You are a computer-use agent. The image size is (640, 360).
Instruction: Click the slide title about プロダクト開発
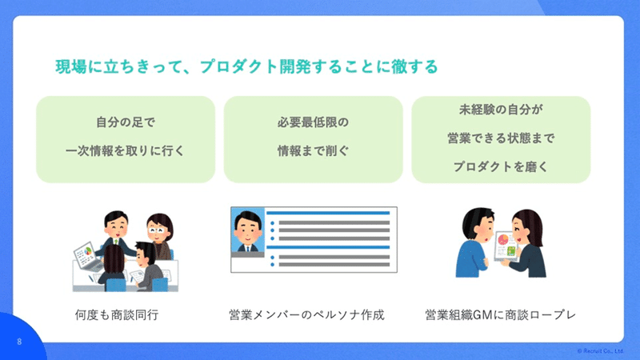coord(246,66)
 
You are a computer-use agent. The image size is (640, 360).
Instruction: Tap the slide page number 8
coord(19,342)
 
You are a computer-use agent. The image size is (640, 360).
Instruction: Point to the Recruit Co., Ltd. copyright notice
coord(600,351)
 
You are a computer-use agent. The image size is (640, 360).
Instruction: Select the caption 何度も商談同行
coord(117,314)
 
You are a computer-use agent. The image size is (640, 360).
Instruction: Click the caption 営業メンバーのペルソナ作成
coord(306,314)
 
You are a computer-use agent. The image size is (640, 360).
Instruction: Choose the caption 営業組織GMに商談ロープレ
coord(501,314)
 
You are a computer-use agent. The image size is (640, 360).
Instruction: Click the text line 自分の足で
coord(126,122)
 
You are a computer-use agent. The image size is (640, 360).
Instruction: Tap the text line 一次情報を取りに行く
coord(126,150)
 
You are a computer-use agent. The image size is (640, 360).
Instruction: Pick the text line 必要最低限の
coord(313,122)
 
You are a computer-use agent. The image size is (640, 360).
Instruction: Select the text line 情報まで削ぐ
coord(313,150)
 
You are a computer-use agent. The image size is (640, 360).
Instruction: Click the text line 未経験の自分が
coord(501,110)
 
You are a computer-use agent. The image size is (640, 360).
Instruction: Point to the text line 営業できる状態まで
coord(501,138)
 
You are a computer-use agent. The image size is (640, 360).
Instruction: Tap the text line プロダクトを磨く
coord(501,166)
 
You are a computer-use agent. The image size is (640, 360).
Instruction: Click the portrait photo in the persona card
coord(248,232)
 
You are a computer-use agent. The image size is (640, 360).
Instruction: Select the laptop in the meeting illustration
coord(87,256)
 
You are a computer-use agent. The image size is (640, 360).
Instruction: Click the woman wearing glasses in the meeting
coord(161,235)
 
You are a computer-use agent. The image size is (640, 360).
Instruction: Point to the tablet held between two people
coord(506,246)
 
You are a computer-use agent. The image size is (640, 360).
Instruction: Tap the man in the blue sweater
coord(474,243)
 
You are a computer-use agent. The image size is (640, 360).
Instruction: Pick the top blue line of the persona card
coord(328,213)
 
